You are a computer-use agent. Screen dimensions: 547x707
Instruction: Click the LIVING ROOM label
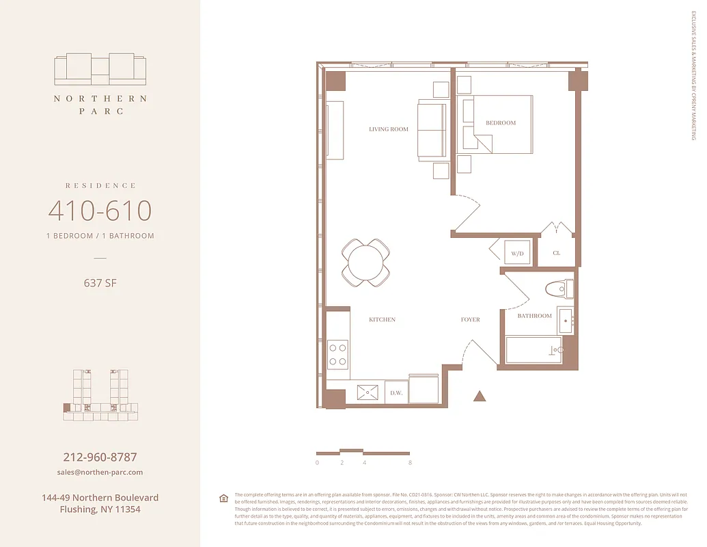click(x=389, y=129)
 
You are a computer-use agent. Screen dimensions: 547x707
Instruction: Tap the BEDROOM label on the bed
click(x=501, y=123)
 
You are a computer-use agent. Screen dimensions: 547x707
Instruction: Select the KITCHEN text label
click(x=382, y=320)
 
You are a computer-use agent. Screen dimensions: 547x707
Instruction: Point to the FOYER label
click(x=470, y=320)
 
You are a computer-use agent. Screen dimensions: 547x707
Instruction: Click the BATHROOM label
click(x=534, y=316)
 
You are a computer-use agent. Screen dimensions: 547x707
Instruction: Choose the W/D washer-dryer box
click(x=517, y=253)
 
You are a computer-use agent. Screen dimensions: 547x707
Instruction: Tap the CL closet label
click(x=556, y=253)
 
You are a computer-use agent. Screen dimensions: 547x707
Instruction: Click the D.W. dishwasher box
click(x=396, y=393)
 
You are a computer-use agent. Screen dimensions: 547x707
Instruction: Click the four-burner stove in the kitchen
click(x=338, y=354)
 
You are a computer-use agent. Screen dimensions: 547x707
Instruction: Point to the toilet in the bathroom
click(x=560, y=289)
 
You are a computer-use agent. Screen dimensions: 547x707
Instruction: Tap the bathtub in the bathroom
click(x=533, y=349)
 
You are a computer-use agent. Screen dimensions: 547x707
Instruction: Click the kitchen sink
click(x=370, y=393)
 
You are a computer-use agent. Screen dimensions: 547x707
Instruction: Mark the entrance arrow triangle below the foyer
click(x=480, y=396)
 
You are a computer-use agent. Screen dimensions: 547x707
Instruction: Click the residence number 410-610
click(x=100, y=211)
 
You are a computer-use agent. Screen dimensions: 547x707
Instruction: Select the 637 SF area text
click(x=100, y=282)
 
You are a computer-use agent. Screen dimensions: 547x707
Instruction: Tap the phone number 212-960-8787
click(x=100, y=457)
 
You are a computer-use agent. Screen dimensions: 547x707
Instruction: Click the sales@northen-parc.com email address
click(x=100, y=472)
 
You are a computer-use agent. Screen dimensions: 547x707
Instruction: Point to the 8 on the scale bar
click(x=410, y=463)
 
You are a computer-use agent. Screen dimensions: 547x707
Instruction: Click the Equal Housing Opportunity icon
click(x=223, y=498)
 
